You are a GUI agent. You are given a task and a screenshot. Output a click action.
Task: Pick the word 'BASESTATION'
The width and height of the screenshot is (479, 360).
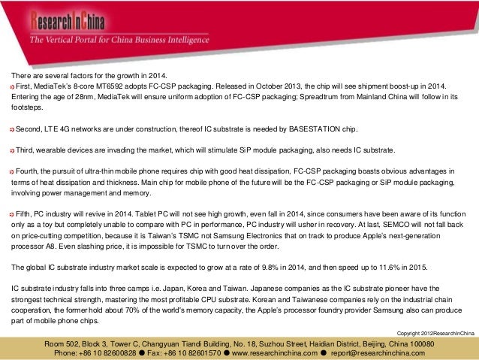[306, 129]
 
